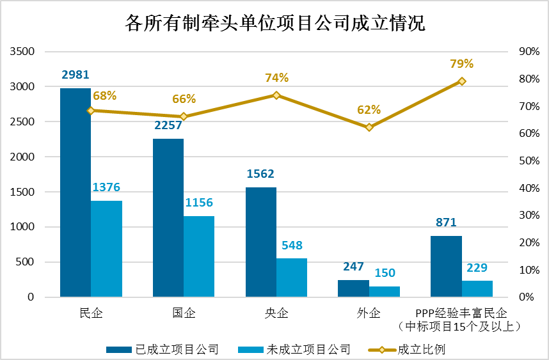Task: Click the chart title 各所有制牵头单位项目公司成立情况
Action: click(x=275, y=24)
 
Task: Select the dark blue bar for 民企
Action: click(x=76, y=192)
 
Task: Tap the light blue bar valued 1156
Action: click(x=199, y=256)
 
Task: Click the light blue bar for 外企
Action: click(x=385, y=292)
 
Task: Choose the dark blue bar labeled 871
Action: click(x=446, y=266)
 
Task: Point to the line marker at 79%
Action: click(x=461, y=81)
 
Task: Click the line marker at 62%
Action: click(x=369, y=127)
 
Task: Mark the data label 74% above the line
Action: click(x=277, y=78)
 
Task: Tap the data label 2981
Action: click(x=76, y=75)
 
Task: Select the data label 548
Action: click(x=292, y=246)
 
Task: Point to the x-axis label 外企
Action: click(x=369, y=313)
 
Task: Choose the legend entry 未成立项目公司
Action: click(x=308, y=349)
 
